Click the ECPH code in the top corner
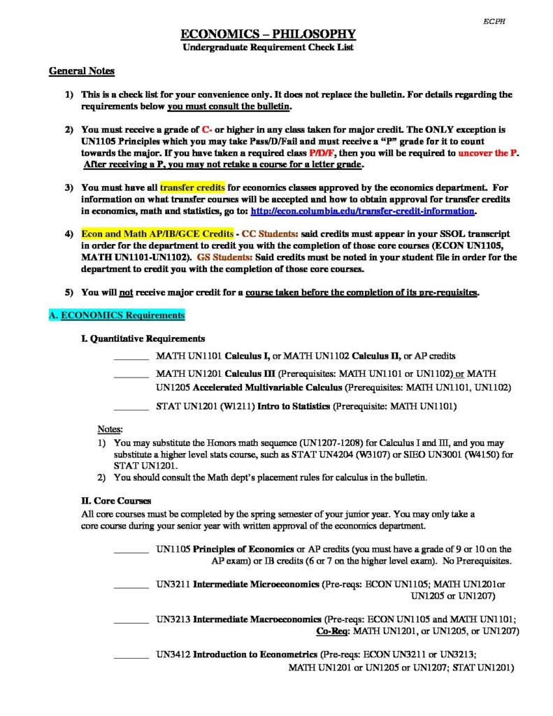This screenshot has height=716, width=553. tap(494, 22)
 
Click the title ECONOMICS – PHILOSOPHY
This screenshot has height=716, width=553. tap(268, 34)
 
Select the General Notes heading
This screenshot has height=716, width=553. tap(82, 71)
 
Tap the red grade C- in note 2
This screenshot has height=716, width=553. tap(207, 130)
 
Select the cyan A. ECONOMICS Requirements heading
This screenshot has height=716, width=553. tap(117, 315)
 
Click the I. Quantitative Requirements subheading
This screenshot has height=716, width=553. tap(143, 338)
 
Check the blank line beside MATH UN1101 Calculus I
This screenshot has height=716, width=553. tap(131, 357)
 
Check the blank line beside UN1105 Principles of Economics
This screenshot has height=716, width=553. tap(131, 551)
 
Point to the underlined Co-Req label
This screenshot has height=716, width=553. tap(331, 631)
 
